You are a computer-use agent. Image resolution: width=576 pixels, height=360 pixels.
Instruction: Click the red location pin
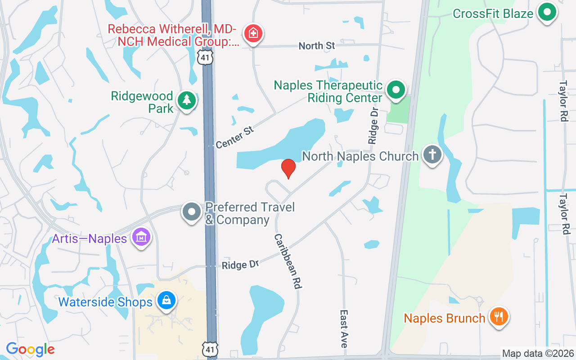[288, 168]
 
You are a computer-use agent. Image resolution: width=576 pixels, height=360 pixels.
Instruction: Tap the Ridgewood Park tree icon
[186, 100]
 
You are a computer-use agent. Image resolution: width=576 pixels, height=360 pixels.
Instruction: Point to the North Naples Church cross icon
[432, 155]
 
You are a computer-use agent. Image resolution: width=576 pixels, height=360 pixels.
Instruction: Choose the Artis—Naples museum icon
[141, 237]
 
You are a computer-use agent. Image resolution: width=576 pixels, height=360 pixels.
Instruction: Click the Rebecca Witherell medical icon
[253, 33]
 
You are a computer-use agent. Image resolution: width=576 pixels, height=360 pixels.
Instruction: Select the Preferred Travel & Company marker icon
[192, 211]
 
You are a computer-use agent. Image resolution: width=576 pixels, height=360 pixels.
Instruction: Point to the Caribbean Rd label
[288, 261]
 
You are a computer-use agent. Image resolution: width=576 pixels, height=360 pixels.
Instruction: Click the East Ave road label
[344, 328]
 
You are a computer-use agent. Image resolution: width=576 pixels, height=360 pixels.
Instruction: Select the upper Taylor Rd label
[563, 101]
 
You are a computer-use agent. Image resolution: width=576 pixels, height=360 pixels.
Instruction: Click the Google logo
[31, 349]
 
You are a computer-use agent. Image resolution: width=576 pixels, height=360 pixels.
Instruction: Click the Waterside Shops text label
[105, 302]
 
